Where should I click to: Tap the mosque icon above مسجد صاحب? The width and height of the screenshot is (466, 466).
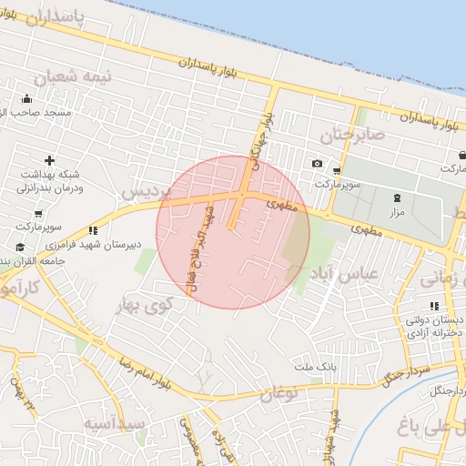pos(26,99)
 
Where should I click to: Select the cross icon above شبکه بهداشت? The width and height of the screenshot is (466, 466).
pos(49,160)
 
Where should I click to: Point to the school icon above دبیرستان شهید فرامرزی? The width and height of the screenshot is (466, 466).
pos(92,231)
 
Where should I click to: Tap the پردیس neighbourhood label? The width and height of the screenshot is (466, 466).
pos(146,194)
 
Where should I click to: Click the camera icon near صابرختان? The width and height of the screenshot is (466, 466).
pos(317,164)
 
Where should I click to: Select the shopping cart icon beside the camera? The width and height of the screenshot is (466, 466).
pos(338,170)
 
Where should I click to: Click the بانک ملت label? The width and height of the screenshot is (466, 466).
pos(315,366)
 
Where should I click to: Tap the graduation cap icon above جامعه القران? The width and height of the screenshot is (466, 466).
pos(20,248)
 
